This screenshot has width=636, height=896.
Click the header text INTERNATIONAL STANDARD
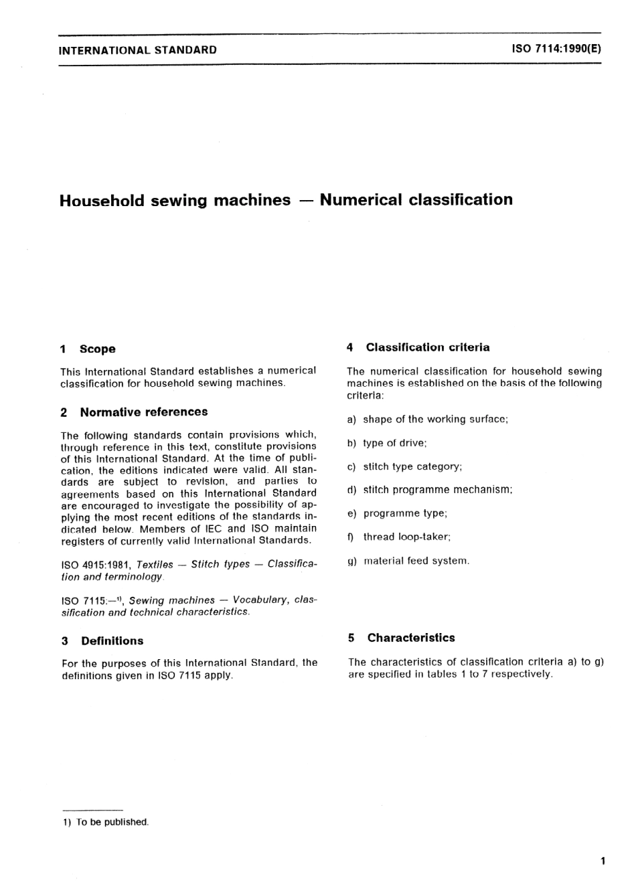coord(138,50)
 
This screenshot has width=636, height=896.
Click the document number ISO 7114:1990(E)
coord(556,49)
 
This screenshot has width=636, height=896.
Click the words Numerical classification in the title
coord(416,200)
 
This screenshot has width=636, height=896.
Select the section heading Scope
coord(97,349)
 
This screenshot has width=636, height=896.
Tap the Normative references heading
coord(143,412)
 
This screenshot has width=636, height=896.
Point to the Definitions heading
coord(112,641)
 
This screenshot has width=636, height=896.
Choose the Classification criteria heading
coord(427,347)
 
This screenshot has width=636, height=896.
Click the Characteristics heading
coord(410,638)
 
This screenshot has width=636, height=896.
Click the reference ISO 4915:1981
coord(96,565)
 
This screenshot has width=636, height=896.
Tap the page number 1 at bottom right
coord(603,861)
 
